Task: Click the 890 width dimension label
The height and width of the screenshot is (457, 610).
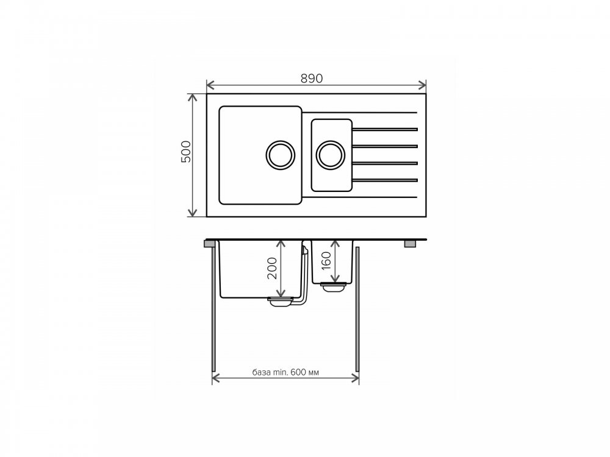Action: coord(312,79)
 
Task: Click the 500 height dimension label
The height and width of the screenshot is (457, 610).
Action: coord(186,152)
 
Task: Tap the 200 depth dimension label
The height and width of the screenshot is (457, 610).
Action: coord(272,269)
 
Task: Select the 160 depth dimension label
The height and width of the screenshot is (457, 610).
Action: coord(326,261)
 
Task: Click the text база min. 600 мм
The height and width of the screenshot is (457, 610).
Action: coord(285,372)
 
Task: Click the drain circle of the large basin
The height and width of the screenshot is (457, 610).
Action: coord(280,155)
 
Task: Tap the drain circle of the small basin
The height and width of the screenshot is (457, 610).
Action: coord(330,155)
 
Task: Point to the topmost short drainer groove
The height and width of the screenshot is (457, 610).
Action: coord(385,129)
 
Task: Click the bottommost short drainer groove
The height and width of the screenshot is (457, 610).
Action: coord(385,180)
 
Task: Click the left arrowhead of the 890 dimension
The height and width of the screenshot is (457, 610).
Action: coord(210,85)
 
